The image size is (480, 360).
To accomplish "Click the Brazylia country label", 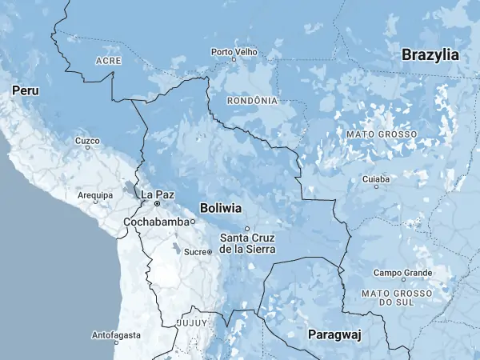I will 430,55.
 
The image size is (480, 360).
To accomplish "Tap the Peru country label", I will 25,92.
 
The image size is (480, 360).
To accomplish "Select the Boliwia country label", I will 221,208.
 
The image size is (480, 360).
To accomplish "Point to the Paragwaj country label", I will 334,334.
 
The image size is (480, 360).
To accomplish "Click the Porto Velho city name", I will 234,51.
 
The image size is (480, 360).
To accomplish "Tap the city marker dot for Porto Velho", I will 234,59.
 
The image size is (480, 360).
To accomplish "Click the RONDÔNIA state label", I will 253,101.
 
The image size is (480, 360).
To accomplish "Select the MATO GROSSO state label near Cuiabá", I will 382,134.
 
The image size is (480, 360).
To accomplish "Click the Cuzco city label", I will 87,140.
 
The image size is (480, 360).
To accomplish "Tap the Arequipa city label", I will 94,194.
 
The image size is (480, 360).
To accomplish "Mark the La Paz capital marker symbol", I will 157,204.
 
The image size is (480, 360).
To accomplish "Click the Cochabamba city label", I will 157,222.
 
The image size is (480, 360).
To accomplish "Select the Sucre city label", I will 195,252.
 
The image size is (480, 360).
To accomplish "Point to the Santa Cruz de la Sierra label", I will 248,243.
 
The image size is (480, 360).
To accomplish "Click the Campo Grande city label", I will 402,273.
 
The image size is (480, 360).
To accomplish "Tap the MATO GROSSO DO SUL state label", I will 397,298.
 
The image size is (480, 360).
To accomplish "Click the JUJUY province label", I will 191,322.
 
